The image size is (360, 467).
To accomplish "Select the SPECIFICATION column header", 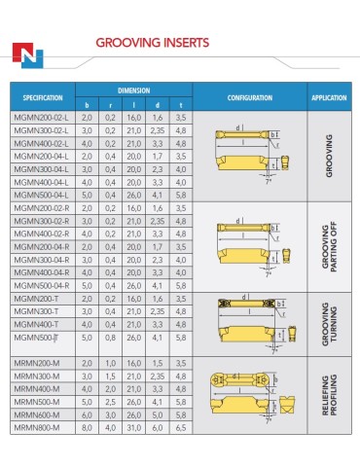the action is (x=43, y=98).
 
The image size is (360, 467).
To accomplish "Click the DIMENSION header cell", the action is (x=133, y=89).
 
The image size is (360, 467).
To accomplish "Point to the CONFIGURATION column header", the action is (x=250, y=98).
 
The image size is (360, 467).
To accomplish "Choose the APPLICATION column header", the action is (x=329, y=98).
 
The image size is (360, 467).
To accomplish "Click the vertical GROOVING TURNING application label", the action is (x=326, y=323).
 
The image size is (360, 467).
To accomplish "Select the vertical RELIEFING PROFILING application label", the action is (x=326, y=393).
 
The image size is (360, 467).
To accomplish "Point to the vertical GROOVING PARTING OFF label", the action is (x=326, y=247).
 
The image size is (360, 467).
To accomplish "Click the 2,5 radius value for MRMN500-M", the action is (x=111, y=400).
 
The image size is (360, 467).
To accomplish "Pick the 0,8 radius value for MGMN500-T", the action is (x=111, y=337).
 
